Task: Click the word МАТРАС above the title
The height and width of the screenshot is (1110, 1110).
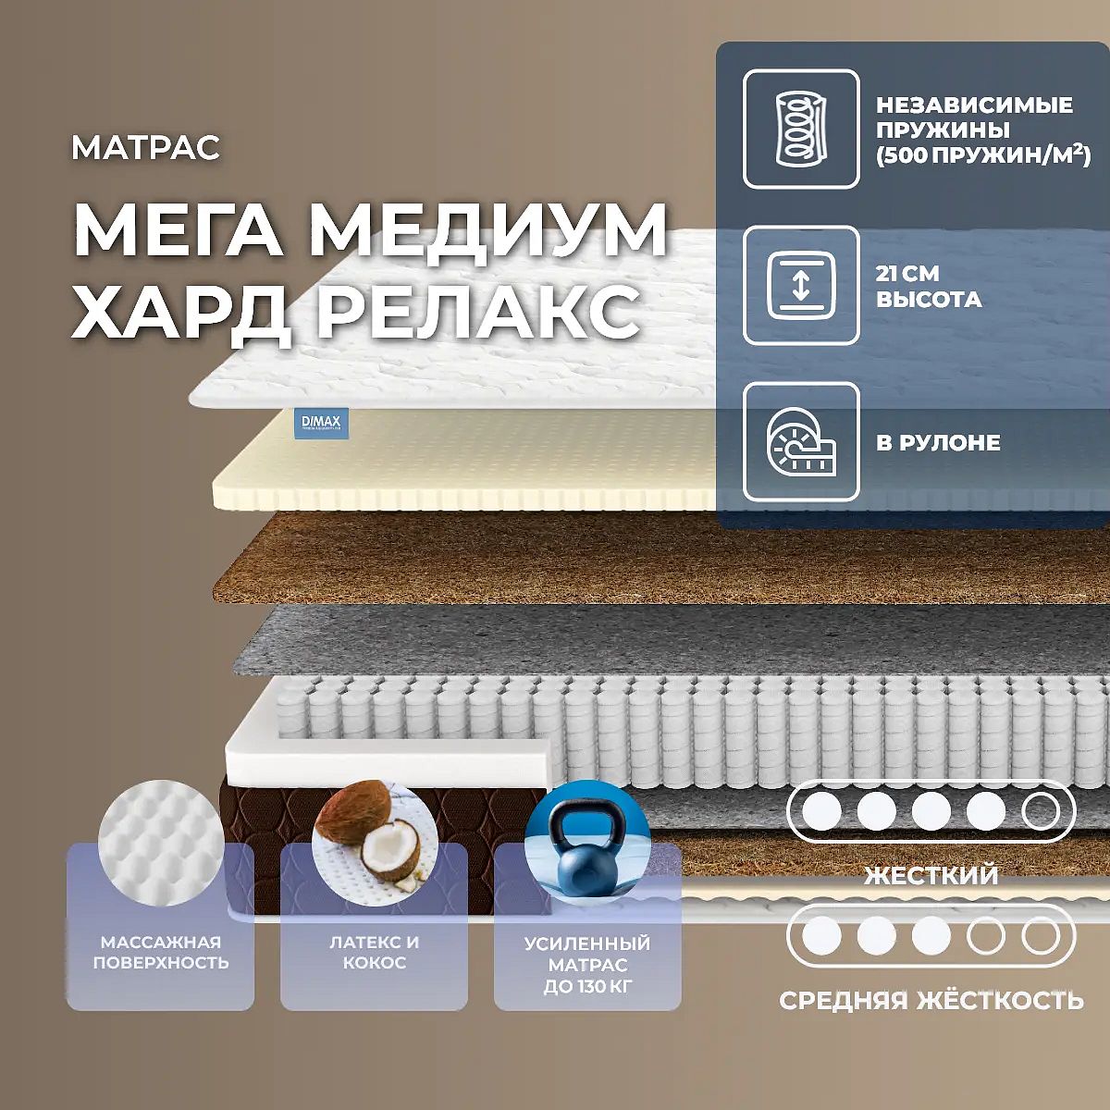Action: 146,147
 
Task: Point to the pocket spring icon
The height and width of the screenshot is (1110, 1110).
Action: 801,129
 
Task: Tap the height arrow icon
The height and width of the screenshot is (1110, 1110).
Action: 801,285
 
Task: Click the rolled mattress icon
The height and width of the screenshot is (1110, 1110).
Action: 801,442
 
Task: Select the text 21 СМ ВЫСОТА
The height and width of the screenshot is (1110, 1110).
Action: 929,286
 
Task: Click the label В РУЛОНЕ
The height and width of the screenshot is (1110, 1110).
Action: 938,442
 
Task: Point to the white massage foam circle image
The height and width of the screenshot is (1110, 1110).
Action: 161,843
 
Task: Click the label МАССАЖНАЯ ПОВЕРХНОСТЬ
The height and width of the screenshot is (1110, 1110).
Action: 161,952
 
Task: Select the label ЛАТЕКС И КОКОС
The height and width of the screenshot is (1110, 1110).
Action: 375,952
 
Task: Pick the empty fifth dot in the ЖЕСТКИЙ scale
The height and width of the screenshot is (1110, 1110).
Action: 1041,811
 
